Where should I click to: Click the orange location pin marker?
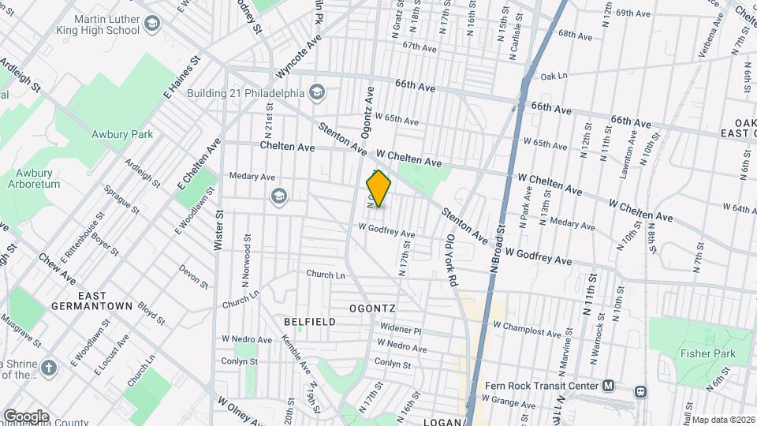379,189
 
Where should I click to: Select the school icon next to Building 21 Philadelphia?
317,92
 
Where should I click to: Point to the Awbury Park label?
121,134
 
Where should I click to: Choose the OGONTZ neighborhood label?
373,307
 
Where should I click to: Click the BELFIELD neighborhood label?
310,322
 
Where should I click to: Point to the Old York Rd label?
450,260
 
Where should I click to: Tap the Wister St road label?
218,230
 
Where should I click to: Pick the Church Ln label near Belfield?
326,275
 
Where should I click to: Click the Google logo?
26,416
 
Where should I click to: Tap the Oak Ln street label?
554,77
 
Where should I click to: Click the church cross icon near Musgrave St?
49,368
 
